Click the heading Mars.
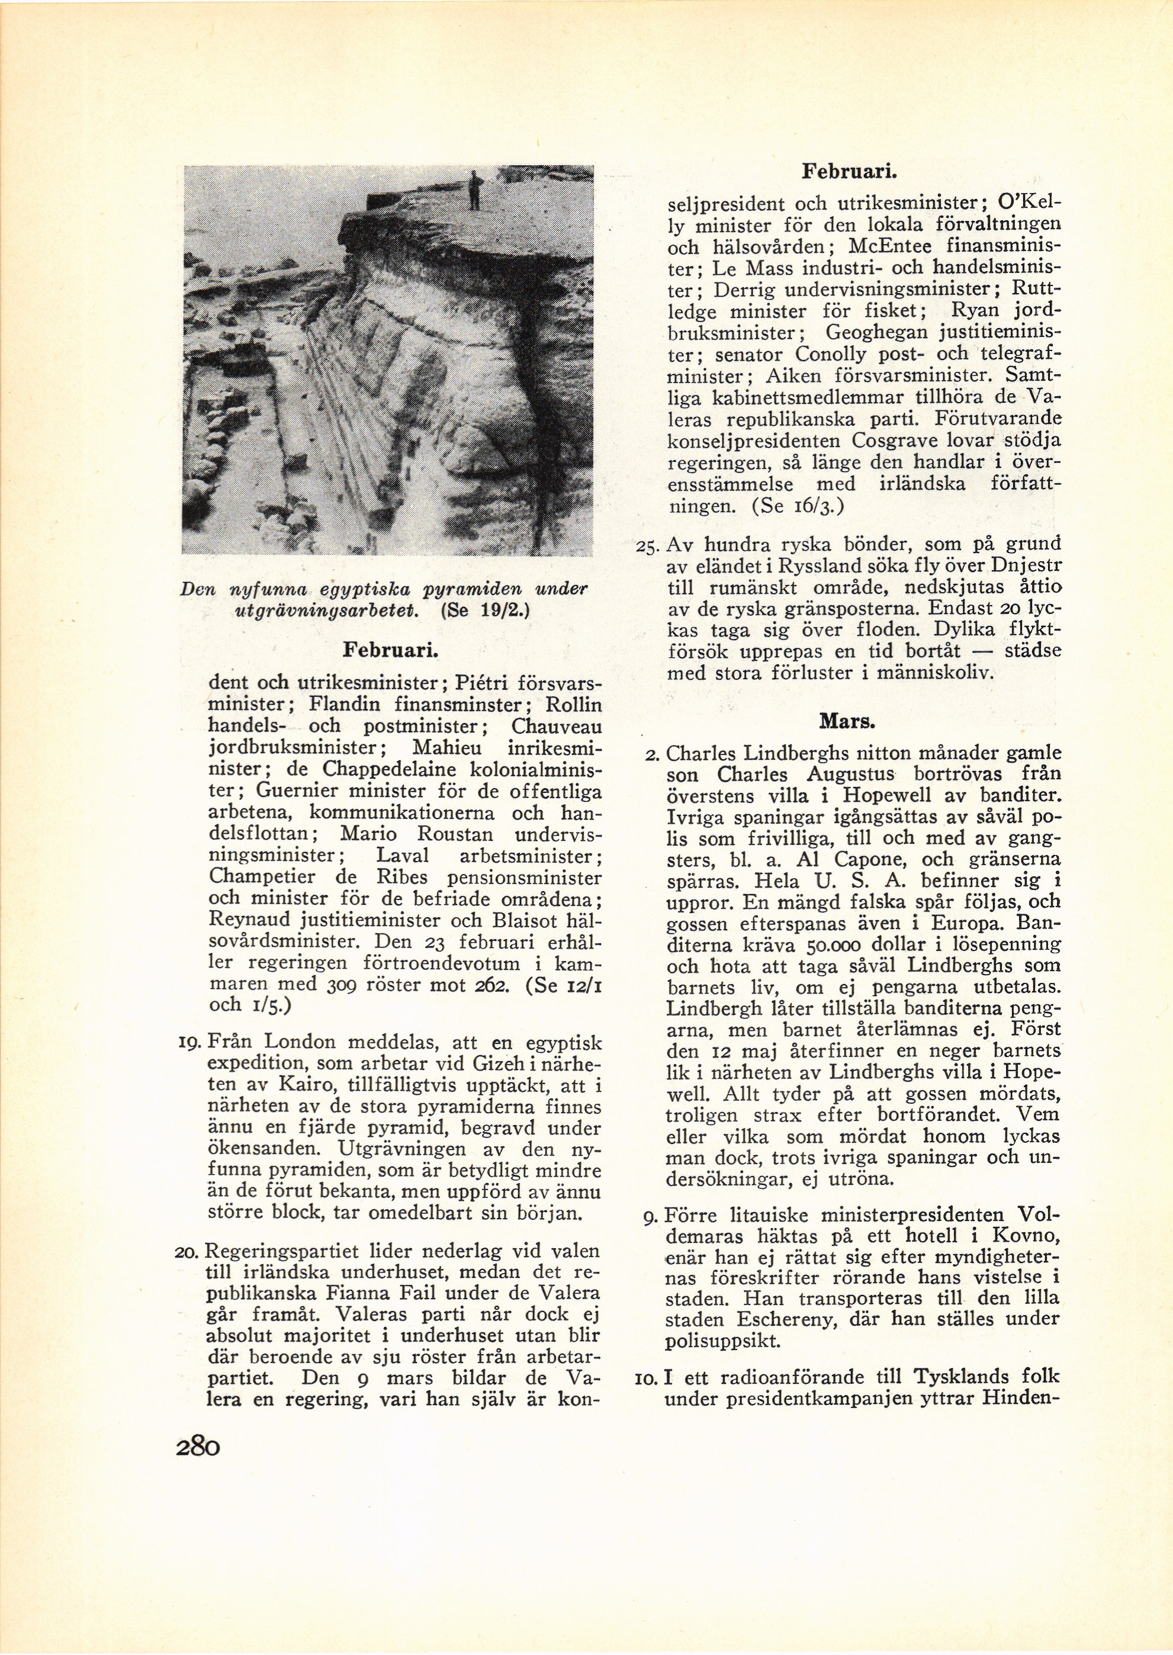tap(838, 721)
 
